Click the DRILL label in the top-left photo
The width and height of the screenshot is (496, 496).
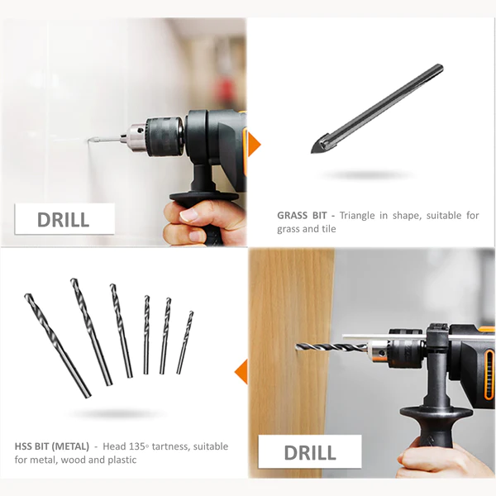pos(64,219)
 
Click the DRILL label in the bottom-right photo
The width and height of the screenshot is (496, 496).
pos(310,451)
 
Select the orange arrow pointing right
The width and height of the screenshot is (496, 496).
pos(254,145)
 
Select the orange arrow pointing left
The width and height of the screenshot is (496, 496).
pos(241,371)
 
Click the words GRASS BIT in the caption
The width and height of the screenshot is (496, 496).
pos(302,216)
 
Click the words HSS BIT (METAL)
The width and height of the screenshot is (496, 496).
pos(52,446)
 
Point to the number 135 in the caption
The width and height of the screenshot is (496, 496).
pos(137,446)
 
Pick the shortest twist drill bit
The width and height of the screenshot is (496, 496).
pos(185,342)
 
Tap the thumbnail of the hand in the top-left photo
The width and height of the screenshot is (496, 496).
pos(188,216)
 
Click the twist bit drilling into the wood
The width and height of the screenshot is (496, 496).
pos(331,347)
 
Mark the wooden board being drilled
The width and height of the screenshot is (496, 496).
pos(292,363)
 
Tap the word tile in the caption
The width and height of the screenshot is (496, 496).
pos(329,228)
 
